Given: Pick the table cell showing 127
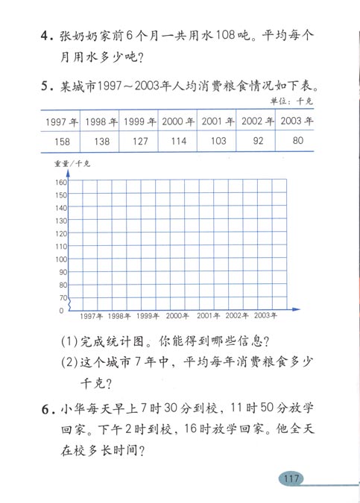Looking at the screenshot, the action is pyautogui.click(x=139, y=141).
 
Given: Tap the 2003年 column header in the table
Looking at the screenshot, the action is pyautogui.click(x=294, y=121).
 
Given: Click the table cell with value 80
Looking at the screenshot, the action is pyautogui.click(x=294, y=141).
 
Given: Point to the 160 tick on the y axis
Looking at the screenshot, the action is pyautogui.click(x=61, y=183).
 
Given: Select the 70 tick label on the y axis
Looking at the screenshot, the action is pyautogui.click(x=63, y=298).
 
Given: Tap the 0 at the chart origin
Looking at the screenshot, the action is pyautogui.click(x=62, y=310).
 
